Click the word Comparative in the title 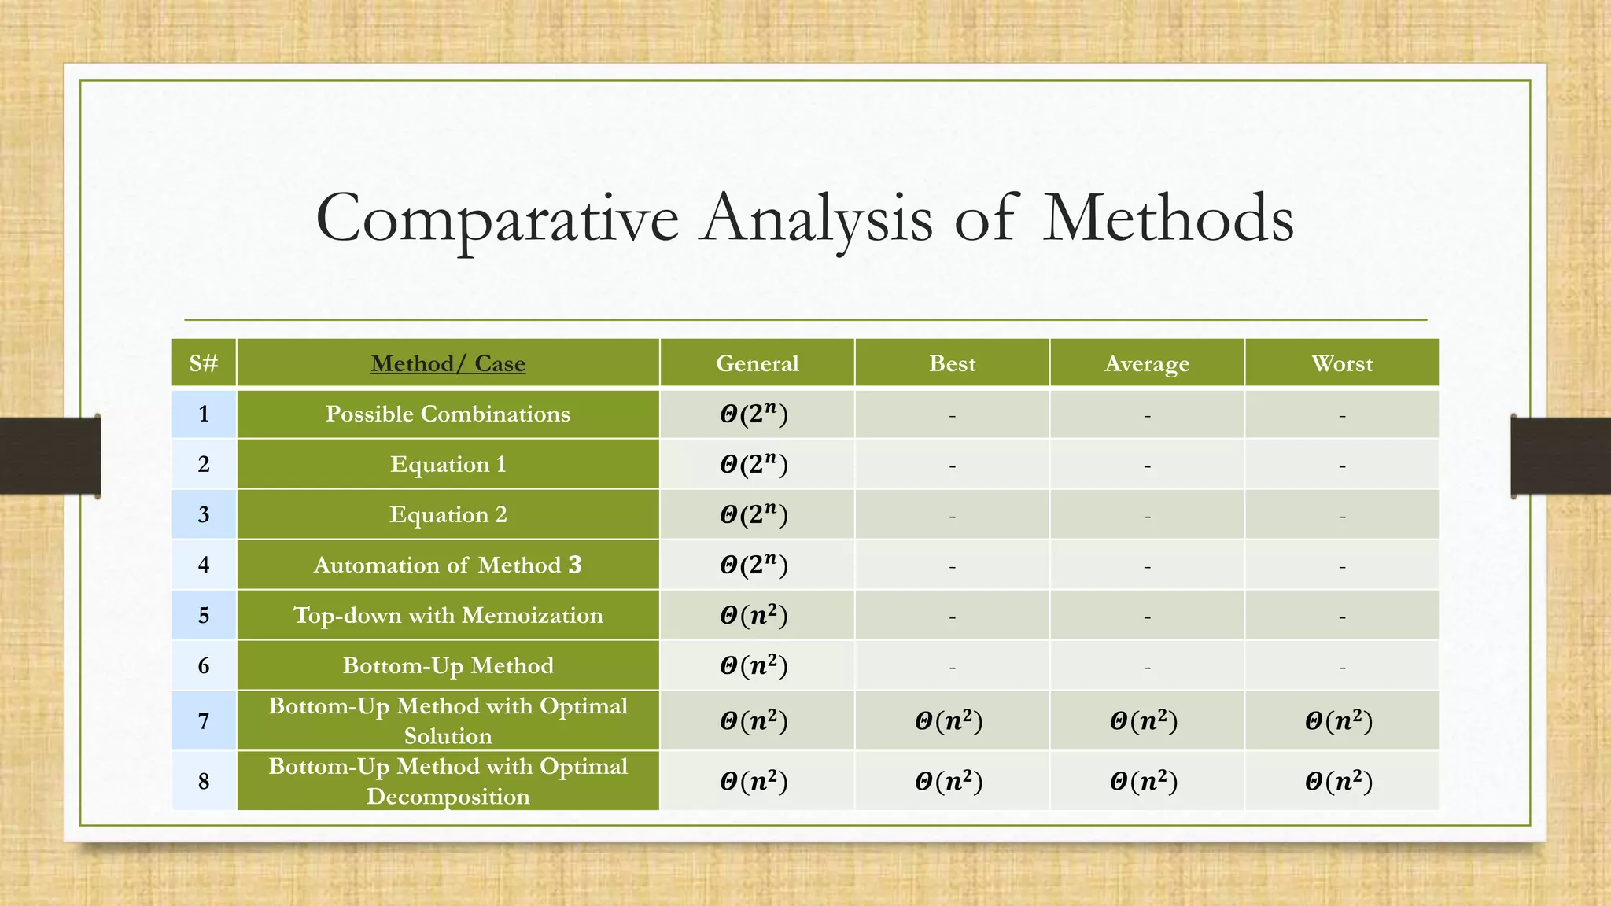pos(496,219)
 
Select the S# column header pos(204,363)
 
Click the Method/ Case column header pos(448,363)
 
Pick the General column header pos(757,363)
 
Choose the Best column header pos(952,363)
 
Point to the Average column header pos(1147,363)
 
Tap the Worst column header pos(1342,363)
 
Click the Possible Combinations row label pos(448,414)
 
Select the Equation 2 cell pos(448,514)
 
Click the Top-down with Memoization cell pos(448,615)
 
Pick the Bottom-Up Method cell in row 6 pos(448,665)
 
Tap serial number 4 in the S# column pos(204,565)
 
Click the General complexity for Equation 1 pos(754,464)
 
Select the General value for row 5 pos(754,615)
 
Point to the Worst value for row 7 pos(1339,720)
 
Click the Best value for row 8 pos(949,781)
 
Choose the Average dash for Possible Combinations pos(1147,415)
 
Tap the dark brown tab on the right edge pos(1561,456)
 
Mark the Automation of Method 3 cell pos(448,565)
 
